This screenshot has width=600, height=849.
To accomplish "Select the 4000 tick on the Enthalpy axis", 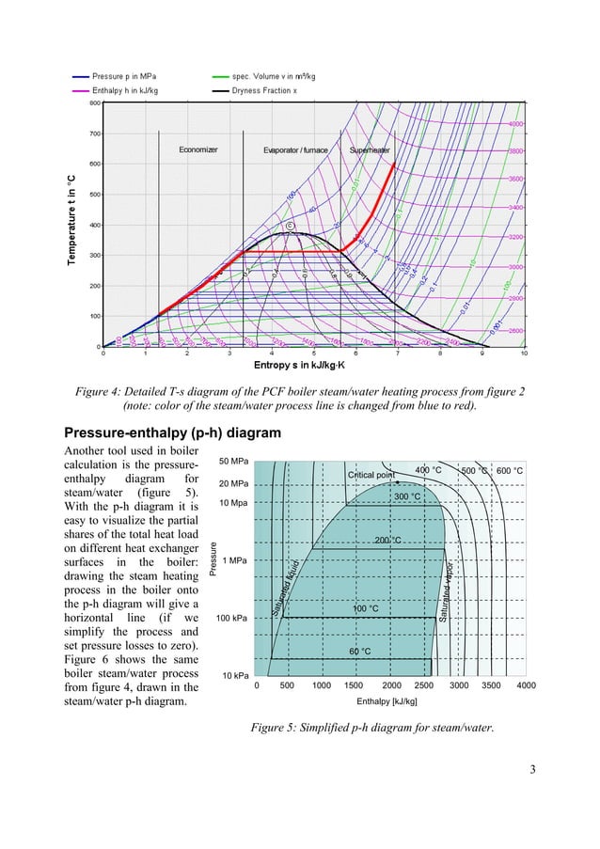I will point(527,686).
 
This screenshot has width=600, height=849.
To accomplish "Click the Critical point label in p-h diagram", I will point(371,475).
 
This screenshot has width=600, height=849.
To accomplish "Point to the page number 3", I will point(532,771).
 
